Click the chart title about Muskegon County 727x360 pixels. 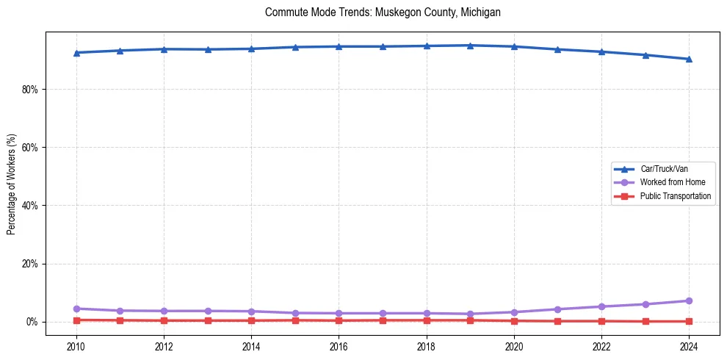click(x=383, y=12)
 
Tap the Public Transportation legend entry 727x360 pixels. click(x=675, y=196)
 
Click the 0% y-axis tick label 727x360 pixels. click(x=32, y=322)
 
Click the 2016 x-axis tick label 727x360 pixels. click(x=339, y=346)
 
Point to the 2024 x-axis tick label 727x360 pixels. click(x=689, y=346)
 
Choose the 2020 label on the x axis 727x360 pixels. click(x=514, y=346)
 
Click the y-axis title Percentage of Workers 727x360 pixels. click(x=11, y=184)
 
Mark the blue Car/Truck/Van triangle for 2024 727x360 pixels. click(x=689, y=59)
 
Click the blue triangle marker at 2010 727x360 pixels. click(x=76, y=52)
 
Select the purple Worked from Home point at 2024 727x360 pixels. click(x=689, y=300)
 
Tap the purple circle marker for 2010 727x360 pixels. click(x=76, y=309)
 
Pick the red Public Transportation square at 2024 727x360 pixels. click(x=689, y=321)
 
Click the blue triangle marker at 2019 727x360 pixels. click(x=470, y=46)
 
